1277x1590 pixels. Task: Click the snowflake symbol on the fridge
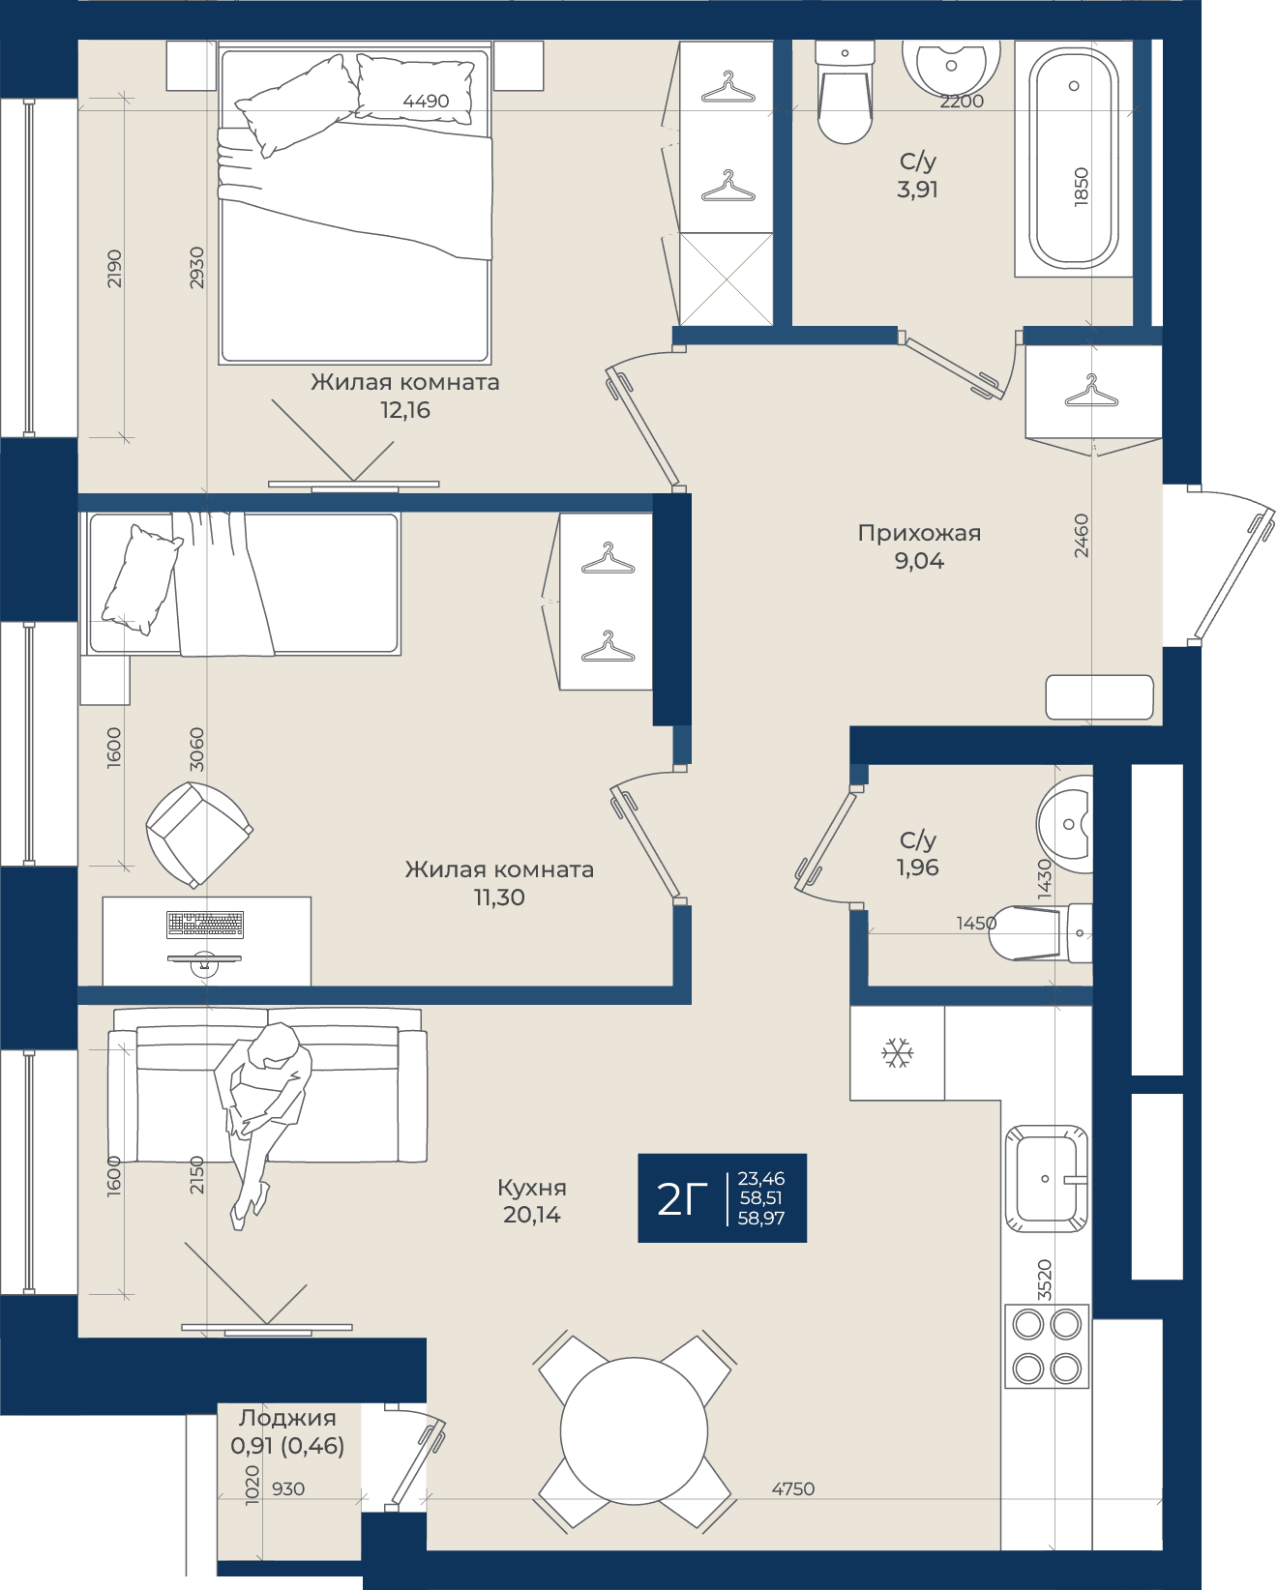point(897,1053)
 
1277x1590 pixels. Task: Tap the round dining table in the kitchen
point(634,1431)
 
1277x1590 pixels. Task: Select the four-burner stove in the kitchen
point(1047,1346)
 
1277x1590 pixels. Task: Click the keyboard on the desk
point(205,925)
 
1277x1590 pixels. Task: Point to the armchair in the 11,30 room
point(199,834)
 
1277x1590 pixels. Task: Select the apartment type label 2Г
point(682,1198)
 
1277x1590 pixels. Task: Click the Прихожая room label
point(919,533)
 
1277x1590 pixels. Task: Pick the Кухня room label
point(532,1188)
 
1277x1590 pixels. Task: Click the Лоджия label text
point(287,1418)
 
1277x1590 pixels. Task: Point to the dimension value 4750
point(793,1488)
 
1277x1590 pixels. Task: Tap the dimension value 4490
point(426,102)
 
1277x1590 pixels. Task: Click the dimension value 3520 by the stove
point(1044,1280)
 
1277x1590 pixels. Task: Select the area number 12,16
point(405,410)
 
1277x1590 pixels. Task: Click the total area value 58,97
point(761,1219)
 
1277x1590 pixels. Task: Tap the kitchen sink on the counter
point(1046,1179)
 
